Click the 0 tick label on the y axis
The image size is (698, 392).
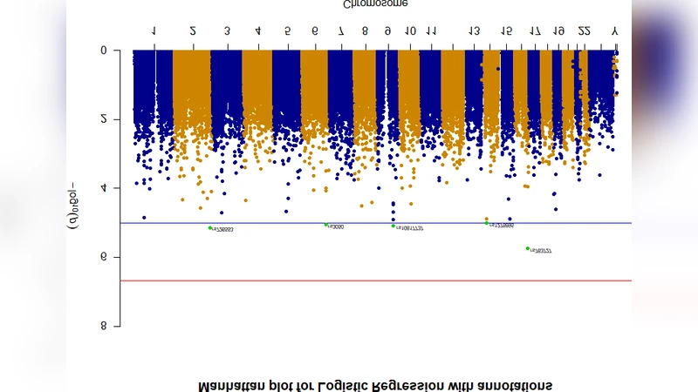click(104, 50)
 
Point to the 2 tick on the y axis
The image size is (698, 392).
click(104, 118)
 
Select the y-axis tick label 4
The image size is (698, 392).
click(104, 187)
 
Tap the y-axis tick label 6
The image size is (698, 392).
click(104, 257)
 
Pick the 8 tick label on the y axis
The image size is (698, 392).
click(104, 326)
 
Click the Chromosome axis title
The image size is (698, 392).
click(375, 4)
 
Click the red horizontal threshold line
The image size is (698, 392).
click(375, 280)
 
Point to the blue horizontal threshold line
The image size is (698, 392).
click(375, 223)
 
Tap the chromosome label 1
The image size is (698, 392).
click(154, 31)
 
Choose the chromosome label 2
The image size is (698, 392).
click(193, 31)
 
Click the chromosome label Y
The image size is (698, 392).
click(614, 31)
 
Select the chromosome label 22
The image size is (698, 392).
click(585, 31)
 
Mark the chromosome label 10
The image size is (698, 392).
click(410, 31)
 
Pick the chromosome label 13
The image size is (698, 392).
click(474, 31)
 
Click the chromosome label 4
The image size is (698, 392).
click(257, 31)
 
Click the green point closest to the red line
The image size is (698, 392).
click(528, 248)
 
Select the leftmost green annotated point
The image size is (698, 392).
click(210, 227)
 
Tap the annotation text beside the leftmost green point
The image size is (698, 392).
click(223, 229)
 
